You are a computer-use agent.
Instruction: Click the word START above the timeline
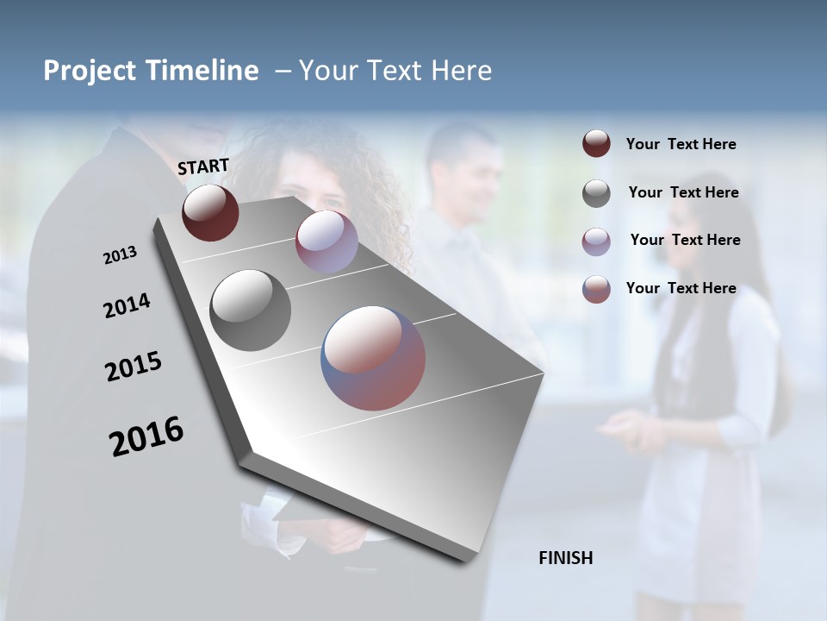(x=203, y=166)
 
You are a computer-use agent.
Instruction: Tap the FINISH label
(x=566, y=558)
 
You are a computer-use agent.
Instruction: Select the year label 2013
(x=120, y=255)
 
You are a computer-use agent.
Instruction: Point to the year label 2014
(x=127, y=306)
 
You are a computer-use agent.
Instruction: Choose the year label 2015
(x=134, y=367)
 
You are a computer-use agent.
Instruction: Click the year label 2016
(x=146, y=436)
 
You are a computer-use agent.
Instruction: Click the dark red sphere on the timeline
(x=210, y=212)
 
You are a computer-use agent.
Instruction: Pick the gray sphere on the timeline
(x=250, y=310)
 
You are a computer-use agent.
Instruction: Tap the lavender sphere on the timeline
(x=326, y=241)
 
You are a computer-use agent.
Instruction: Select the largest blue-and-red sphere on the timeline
(x=373, y=357)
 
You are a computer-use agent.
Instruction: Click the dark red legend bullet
(x=596, y=144)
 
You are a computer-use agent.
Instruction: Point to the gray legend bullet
(x=596, y=193)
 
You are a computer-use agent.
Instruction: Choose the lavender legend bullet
(x=596, y=241)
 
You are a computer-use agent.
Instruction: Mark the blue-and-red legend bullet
(x=596, y=289)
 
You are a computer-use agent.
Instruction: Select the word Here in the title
(x=457, y=71)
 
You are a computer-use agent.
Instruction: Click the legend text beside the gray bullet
(x=683, y=192)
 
